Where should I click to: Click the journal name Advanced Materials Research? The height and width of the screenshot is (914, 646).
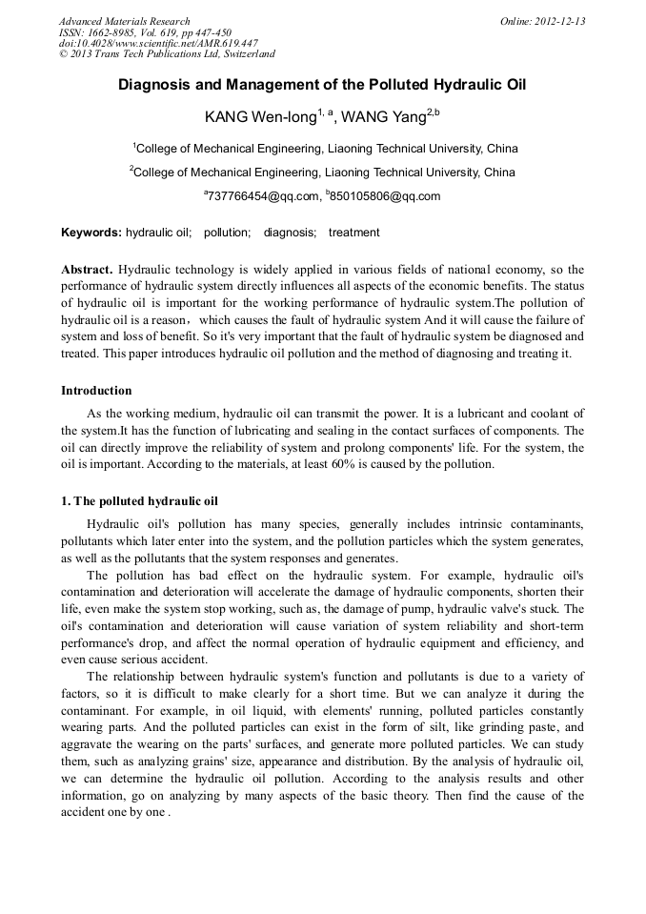[124, 21]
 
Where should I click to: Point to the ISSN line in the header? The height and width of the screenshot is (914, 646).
[145, 32]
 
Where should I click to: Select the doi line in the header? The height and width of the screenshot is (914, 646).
[158, 43]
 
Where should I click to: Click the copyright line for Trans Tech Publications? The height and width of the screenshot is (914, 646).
[167, 54]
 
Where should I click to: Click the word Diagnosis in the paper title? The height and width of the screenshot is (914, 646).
[155, 85]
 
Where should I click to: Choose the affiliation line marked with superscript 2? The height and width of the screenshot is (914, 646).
[322, 173]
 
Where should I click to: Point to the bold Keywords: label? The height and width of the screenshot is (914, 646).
[91, 233]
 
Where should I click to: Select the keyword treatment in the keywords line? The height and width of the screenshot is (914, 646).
[353, 233]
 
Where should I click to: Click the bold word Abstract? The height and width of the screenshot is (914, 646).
[87, 270]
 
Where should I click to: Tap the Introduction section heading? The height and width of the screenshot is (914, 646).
[96, 391]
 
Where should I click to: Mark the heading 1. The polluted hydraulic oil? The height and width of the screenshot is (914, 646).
[139, 500]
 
